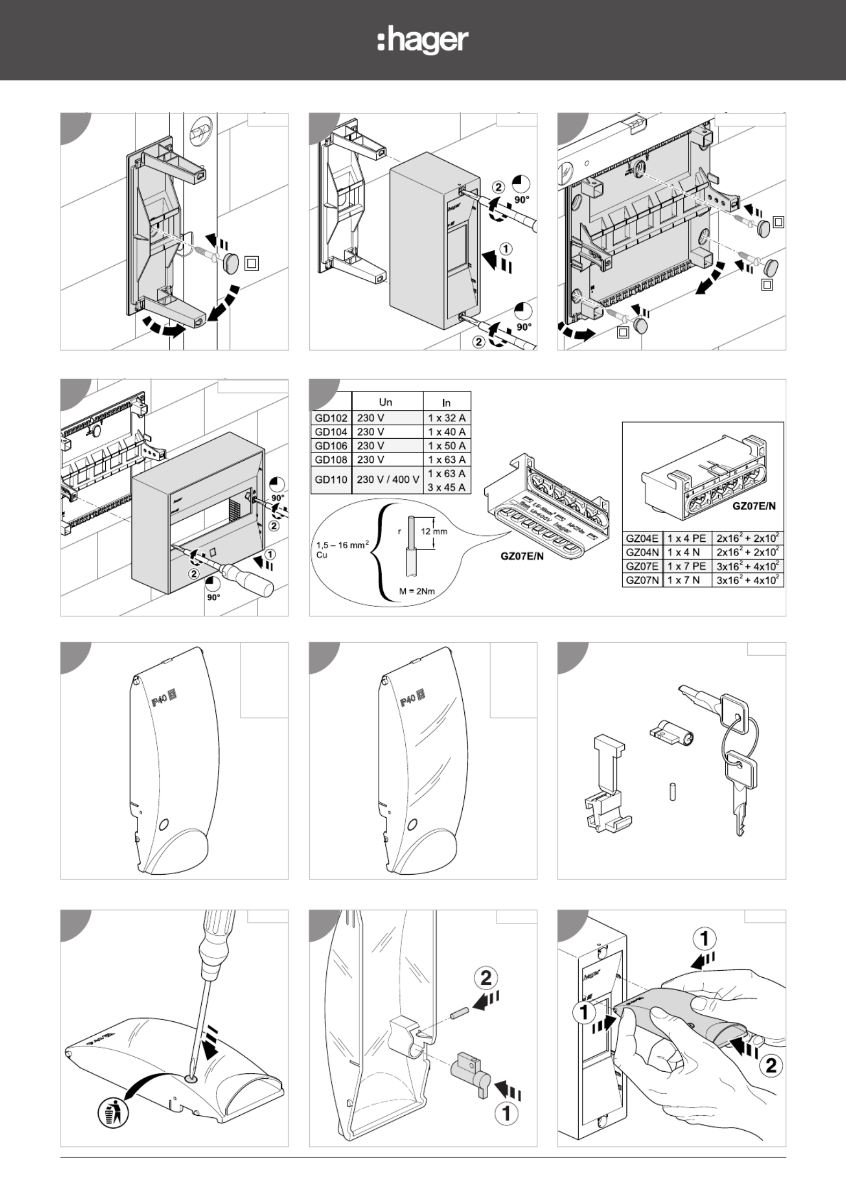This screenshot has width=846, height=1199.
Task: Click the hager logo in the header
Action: point(423,41)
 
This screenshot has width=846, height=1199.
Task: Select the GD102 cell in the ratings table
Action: point(331,418)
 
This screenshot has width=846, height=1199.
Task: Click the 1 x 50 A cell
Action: point(447,446)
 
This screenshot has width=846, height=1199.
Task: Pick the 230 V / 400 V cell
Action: point(388,479)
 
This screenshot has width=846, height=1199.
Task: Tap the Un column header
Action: point(385,402)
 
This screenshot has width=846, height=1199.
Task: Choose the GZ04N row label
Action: point(642,552)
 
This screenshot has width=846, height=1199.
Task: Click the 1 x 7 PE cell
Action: point(687,566)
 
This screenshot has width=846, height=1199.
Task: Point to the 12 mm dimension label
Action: point(434,532)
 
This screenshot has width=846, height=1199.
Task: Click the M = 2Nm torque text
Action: point(417,591)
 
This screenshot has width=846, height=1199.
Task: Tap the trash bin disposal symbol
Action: point(113,1112)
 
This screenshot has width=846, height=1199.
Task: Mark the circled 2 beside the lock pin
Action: point(485,978)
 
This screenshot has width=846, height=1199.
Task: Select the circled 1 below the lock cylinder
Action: point(506,1113)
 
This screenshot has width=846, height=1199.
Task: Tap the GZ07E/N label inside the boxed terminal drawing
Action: point(754,506)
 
